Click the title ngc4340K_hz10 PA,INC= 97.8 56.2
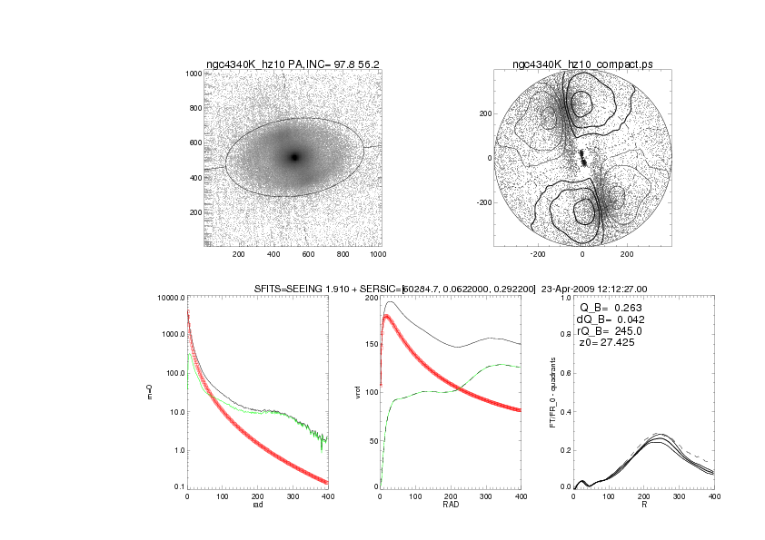(x=293, y=64)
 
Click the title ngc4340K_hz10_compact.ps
(x=582, y=64)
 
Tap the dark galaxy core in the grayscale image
(x=293, y=157)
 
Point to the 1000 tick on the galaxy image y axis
(x=193, y=74)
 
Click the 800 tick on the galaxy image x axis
(x=343, y=254)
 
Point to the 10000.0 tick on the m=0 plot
(x=170, y=298)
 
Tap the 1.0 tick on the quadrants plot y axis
(x=564, y=298)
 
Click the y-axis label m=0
(x=151, y=392)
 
